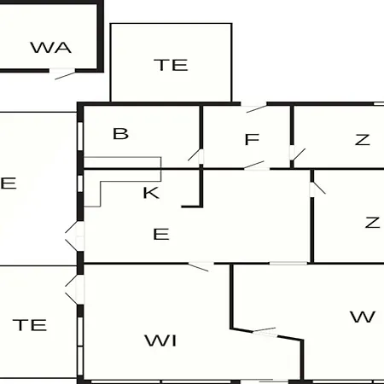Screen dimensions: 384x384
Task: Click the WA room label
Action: point(50,48)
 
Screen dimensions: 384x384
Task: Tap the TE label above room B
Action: point(171,65)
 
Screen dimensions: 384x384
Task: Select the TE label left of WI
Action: point(30,325)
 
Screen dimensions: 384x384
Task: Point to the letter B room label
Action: point(120,133)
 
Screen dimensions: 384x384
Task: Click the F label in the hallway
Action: point(252,139)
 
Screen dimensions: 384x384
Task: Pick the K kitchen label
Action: point(151,193)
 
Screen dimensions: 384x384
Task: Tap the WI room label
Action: point(160,340)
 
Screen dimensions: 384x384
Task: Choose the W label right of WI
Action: point(363,317)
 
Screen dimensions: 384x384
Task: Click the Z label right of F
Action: point(363,140)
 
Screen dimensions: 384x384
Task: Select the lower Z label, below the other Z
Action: point(372,222)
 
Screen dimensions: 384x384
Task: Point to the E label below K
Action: point(161,234)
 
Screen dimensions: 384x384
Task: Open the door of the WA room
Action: point(62,73)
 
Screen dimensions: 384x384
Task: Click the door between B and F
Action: point(196,156)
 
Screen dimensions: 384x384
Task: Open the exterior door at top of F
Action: point(253,107)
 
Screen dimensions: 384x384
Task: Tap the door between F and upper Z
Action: point(297,154)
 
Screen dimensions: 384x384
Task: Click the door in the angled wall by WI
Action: point(265,332)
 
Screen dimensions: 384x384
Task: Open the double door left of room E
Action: point(75,236)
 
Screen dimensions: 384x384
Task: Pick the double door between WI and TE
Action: point(75,289)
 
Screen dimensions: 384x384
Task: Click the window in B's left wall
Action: point(80,137)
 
